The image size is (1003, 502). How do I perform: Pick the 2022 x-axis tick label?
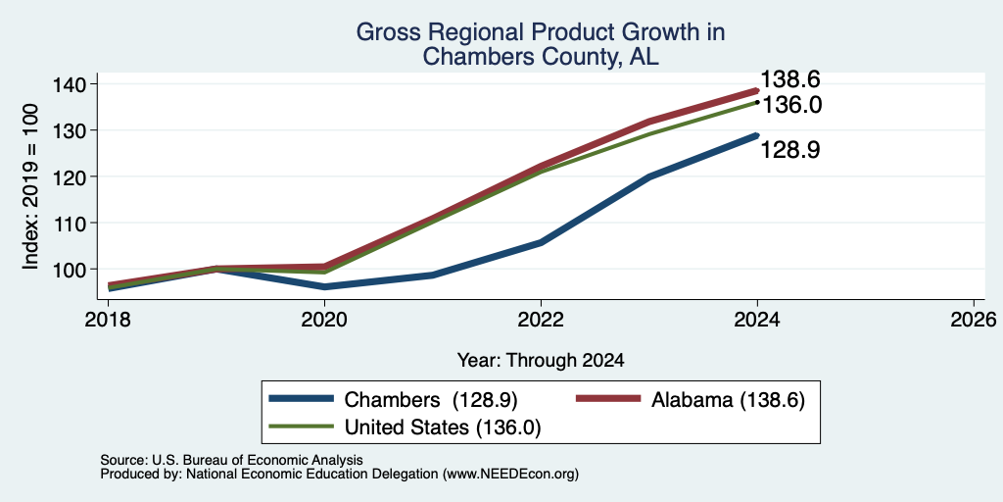coord(541,320)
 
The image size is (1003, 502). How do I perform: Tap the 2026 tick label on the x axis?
coord(974,320)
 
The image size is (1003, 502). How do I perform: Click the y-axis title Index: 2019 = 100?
coord(30,186)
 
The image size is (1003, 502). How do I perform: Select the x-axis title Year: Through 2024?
coord(541,361)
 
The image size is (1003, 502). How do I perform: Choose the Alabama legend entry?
coord(691,400)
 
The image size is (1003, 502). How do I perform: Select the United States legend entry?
coord(406,427)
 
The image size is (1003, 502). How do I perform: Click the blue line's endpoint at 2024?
coord(757,135)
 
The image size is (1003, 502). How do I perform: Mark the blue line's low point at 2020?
coord(325,287)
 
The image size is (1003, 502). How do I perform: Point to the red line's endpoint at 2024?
coord(757,90)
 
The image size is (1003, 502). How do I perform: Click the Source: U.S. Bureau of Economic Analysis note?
coord(231,461)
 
